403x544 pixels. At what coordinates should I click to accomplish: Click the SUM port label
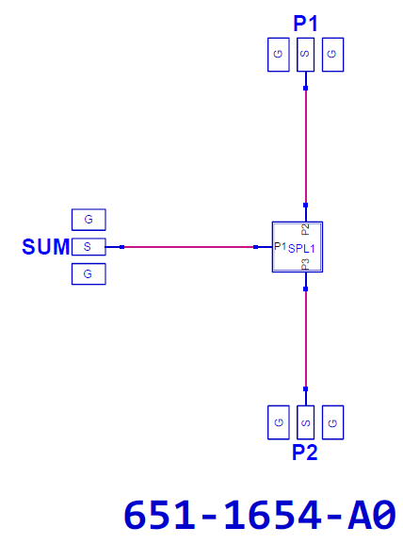(x=46, y=247)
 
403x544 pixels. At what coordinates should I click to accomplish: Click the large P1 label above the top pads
(x=305, y=24)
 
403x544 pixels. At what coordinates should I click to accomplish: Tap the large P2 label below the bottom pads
(x=304, y=452)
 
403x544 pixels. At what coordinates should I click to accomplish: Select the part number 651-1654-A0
(x=260, y=515)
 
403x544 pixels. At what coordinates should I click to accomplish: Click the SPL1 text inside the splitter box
(x=301, y=248)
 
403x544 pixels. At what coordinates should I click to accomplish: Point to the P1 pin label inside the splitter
(x=280, y=246)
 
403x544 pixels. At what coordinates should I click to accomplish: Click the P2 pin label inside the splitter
(x=305, y=230)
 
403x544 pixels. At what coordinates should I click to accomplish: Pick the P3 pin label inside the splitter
(x=305, y=264)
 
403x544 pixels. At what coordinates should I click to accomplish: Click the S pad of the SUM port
(x=89, y=247)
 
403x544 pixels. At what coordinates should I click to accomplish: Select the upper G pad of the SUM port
(x=89, y=220)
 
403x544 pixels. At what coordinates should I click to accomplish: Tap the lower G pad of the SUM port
(x=89, y=273)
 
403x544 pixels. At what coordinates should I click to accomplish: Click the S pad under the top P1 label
(x=306, y=55)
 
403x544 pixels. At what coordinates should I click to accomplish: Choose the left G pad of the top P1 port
(x=279, y=55)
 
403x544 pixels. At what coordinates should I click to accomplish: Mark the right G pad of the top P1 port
(x=332, y=55)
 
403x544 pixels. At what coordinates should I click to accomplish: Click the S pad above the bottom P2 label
(x=306, y=422)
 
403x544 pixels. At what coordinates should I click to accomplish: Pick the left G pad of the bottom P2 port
(x=279, y=422)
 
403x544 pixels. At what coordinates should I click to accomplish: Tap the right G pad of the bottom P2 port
(x=332, y=422)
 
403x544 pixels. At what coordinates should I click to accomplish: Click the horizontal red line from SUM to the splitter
(x=189, y=247)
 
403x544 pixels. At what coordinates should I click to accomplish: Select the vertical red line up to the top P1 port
(x=306, y=146)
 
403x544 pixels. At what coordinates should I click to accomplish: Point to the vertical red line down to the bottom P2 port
(x=306, y=339)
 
